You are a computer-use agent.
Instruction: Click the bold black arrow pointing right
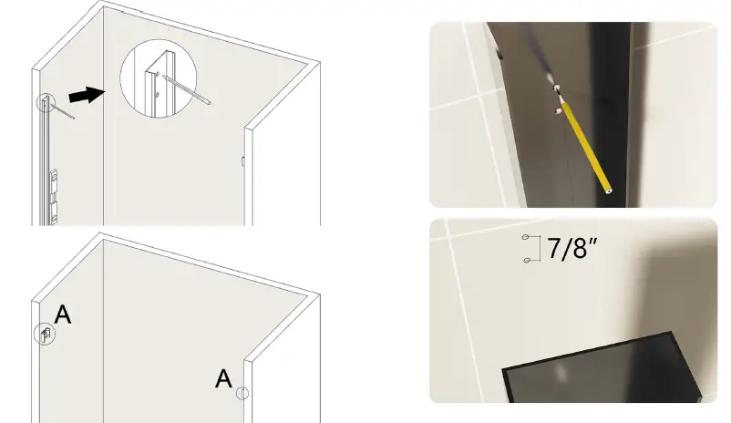click(88, 94)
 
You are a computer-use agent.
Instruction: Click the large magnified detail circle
click(160, 79)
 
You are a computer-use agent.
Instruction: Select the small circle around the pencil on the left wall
click(44, 103)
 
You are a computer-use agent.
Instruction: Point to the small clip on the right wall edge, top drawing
click(243, 160)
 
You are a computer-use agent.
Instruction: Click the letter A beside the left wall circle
click(63, 315)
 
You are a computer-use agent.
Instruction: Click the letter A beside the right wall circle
click(223, 378)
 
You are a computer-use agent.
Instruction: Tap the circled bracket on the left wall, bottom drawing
click(44, 334)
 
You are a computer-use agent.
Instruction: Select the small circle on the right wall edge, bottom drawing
click(242, 394)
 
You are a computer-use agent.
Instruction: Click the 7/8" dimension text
click(571, 249)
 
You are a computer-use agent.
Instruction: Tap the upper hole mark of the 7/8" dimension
click(526, 238)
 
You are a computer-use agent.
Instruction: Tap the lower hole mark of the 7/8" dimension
click(526, 261)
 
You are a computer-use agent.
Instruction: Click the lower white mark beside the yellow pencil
click(556, 110)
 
